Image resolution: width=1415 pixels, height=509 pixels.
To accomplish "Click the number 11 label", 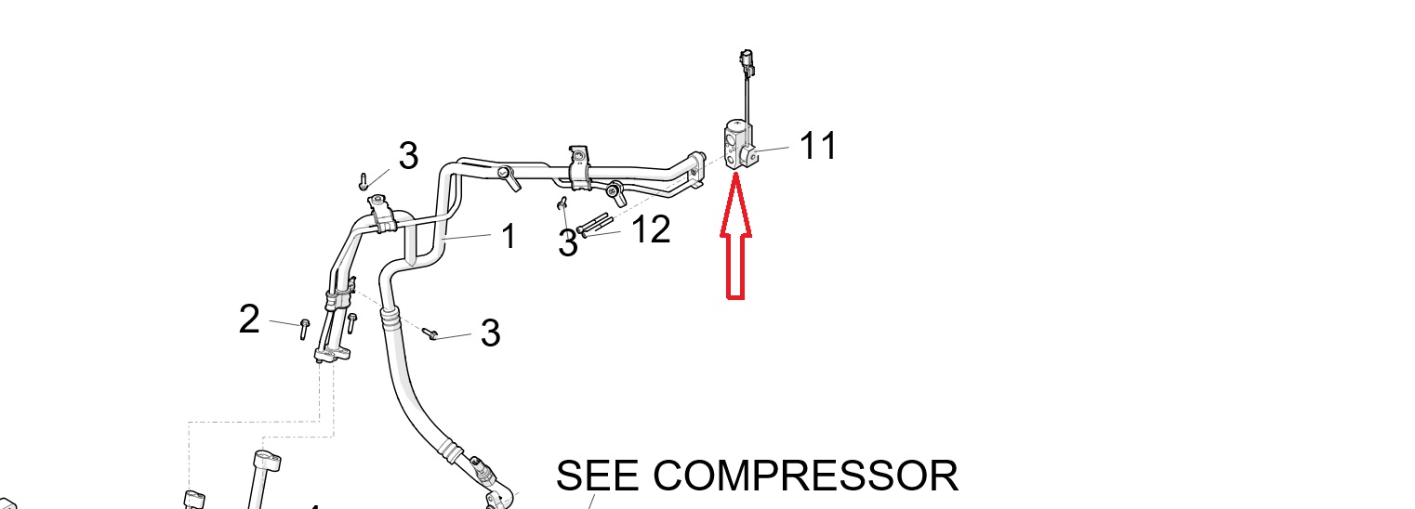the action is point(818,146).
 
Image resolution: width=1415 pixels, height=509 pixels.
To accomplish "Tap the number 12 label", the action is point(651,228).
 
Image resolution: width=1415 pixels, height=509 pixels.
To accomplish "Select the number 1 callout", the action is point(509,237).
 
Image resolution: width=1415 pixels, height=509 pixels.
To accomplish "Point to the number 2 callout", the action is point(249,319).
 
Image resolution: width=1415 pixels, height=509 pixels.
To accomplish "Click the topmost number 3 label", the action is point(409,156).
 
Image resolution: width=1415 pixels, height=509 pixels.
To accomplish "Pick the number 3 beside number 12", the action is point(568,243).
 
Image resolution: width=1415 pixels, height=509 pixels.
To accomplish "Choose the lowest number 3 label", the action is point(491,333).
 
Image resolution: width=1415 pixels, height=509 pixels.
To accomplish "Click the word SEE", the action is point(597,476).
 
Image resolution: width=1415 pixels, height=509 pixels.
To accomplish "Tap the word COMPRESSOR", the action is point(805,476).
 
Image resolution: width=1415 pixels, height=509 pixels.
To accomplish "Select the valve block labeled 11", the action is point(738,145).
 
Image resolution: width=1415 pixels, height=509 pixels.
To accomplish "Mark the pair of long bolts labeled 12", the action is point(594,225).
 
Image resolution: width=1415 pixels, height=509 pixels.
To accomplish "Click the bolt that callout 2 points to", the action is point(305,329).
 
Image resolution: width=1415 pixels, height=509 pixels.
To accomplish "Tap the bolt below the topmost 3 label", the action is point(364,182).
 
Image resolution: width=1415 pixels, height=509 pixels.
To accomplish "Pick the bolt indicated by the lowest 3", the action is point(430,333).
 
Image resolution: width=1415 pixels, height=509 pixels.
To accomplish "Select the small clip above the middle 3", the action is point(562,202).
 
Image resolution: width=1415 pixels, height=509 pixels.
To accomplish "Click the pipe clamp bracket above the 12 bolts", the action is point(579,167).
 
